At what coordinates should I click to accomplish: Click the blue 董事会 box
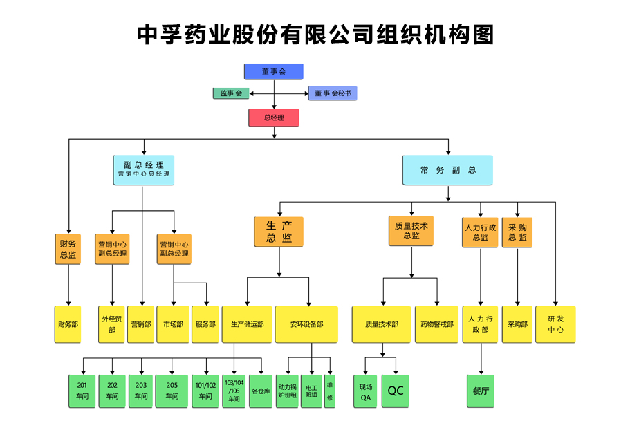tap(274, 71)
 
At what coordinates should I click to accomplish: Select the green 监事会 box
tap(231, 93)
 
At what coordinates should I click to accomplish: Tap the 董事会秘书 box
tap(333, 93)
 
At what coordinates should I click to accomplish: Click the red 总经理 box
tap(274, 118)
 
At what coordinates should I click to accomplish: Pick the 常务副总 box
tap(447, 170)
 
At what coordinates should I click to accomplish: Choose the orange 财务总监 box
tap(68, 249)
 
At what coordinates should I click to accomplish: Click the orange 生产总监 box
tap(279, 232)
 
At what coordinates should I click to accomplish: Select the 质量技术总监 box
tap(411, 231)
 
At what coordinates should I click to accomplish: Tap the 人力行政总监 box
tap(480, 232)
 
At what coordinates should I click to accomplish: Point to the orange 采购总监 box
tap(517, 232)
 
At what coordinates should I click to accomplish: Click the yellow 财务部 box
tap(68, 324)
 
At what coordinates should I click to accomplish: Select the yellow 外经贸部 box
tap(111, 324)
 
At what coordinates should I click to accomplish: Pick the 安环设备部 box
tap(306, 324)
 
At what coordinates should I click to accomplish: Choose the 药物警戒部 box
tap(437, 324)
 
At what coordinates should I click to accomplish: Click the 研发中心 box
tap(555, 324)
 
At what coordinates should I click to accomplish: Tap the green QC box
tap(396, 391)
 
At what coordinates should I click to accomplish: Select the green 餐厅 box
tap(481, 391)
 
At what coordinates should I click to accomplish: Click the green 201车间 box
tap(82, 391)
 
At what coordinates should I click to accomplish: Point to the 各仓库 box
tap(261, 391)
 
